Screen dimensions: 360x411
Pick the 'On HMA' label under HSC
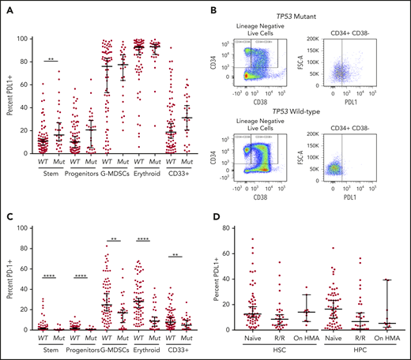click(x=327, y=340)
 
